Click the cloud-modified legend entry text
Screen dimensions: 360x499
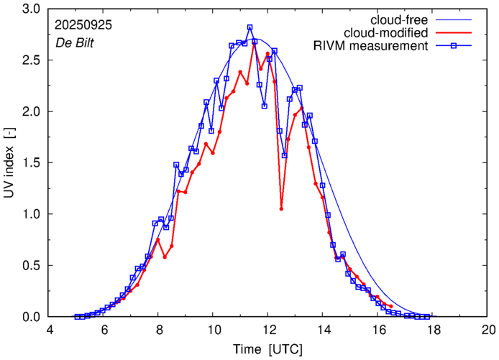[386, 33]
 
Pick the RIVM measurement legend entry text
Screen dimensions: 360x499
[370, 47]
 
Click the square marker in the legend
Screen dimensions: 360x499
[455, 47]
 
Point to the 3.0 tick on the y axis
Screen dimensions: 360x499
[30, 9]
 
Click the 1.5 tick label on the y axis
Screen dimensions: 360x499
[30, 163]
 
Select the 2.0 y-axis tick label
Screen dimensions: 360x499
[30, 112]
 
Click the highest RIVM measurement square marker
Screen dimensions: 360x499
[249, 27]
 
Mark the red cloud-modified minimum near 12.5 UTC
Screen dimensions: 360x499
[281, 209]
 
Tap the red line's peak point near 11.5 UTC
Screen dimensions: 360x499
[254, 44]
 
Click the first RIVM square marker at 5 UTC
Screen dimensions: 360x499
[77, 317]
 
